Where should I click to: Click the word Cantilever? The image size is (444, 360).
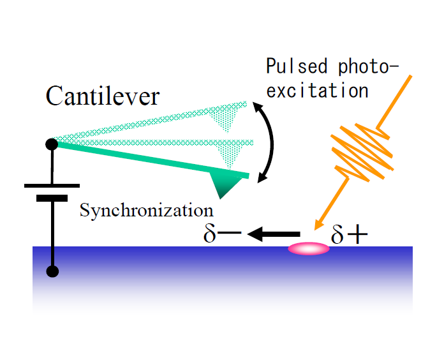102,96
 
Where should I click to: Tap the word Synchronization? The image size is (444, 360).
145,210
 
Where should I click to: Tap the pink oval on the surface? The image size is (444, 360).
309,248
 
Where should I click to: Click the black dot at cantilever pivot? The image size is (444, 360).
52,144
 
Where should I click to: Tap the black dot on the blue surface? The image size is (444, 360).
53,271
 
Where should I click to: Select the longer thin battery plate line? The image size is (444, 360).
52,186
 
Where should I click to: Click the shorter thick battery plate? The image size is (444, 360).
52,198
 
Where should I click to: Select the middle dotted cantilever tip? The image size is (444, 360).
229,153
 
